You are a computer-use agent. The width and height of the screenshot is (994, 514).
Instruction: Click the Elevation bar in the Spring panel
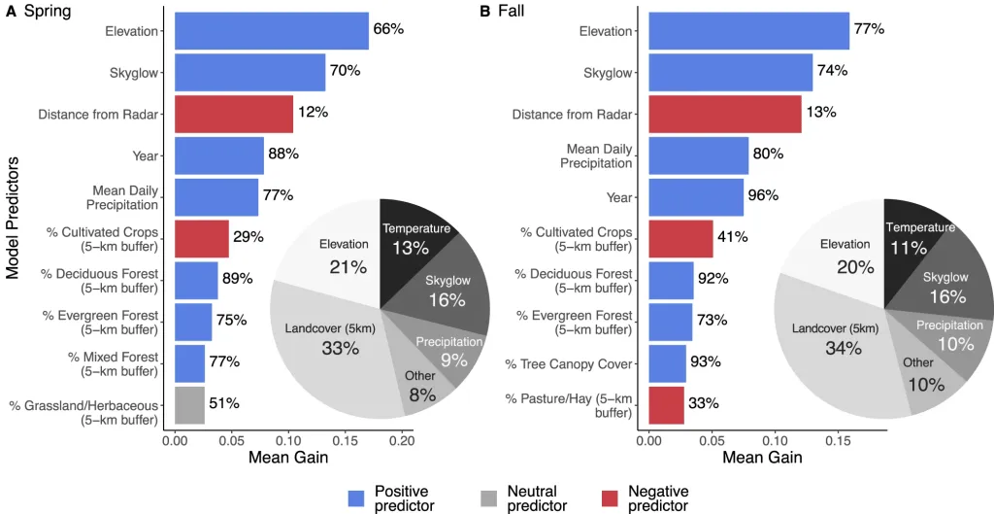coord(271,31)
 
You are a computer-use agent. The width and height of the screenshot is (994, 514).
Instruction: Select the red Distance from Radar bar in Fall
coord(724,114)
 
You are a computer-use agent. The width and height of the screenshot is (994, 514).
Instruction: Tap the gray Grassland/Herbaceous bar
coord(189,405)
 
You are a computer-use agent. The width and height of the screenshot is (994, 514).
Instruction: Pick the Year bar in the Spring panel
coord(218,155)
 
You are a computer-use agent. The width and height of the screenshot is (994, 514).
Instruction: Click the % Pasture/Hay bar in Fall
coord(666,405)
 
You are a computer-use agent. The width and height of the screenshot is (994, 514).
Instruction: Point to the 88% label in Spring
coord(283,154)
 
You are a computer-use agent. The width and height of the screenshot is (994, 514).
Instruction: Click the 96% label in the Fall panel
coord(764,195)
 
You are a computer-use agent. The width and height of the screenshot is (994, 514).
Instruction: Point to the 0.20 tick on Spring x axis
coord(402,439)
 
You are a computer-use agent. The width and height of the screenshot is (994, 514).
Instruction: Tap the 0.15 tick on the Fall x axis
coord(833,439)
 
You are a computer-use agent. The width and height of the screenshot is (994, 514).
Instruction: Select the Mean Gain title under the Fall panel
coord(762,457)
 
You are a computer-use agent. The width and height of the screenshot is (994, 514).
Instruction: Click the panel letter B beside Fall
coord(485,12)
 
